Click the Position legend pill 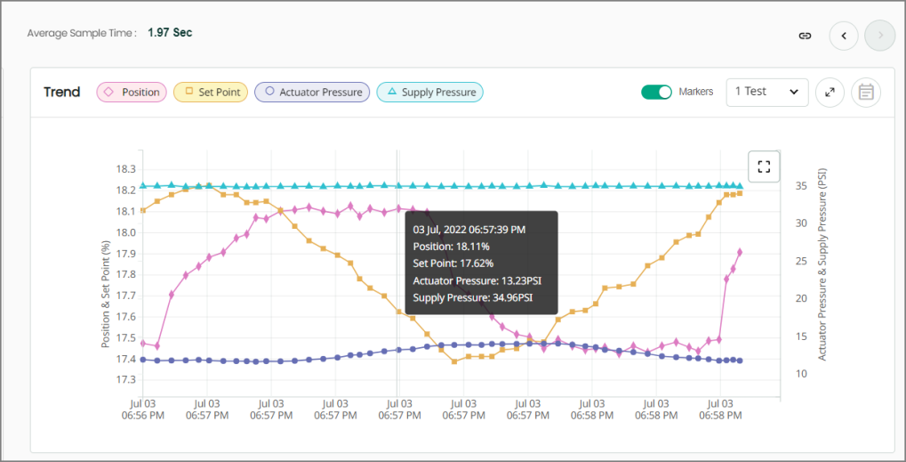click(132, 92)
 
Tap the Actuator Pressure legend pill click(312, 92)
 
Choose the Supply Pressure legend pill click(430, 92)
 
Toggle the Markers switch click(656, 92)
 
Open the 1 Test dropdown click(766, 92)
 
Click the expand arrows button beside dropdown click(830, 92)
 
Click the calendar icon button click(866, 92)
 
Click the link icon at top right click(805, 36)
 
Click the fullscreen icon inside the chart click(764, 166)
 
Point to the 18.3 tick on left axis click(125, 169)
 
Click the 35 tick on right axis click(801, 186)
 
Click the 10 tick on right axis click(801, 374)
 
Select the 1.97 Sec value click(170, 33)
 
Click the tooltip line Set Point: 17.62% click(453, 263)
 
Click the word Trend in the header click(62, 92)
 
